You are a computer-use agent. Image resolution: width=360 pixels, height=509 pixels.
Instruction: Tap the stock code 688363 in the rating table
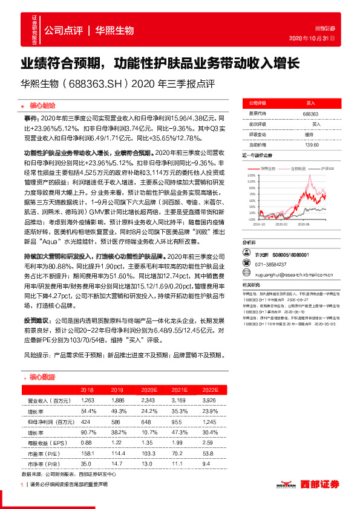pos(310,114)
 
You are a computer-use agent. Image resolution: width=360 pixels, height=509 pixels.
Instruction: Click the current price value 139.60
pos(311,144)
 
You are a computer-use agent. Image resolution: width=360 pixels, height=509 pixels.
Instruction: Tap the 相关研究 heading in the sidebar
pos(252,267)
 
